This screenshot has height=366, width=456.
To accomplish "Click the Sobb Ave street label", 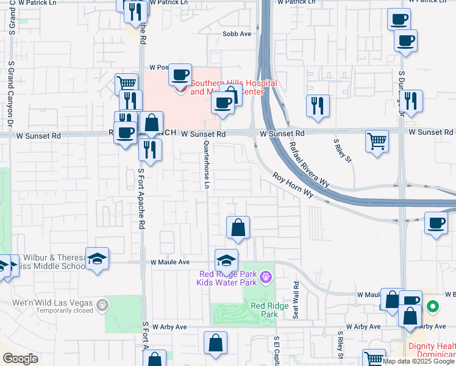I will (237, 34).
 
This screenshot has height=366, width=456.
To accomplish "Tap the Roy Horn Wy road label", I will (293, 185).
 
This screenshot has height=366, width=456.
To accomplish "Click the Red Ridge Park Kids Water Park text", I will (226, 278).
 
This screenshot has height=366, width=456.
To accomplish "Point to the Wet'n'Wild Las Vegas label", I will (52, 303).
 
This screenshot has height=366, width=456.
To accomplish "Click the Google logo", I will (21, 358).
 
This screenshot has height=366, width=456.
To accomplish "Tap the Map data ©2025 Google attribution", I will (419, 361).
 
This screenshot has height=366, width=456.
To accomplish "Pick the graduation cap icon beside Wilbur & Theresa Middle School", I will (97, 259).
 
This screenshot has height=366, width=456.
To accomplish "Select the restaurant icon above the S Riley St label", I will (318, 105).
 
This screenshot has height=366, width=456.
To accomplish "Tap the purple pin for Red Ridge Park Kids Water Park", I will (265, 278).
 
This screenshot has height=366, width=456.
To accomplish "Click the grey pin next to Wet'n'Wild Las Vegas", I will (101, 303).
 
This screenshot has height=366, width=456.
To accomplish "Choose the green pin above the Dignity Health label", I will (433, 306).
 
